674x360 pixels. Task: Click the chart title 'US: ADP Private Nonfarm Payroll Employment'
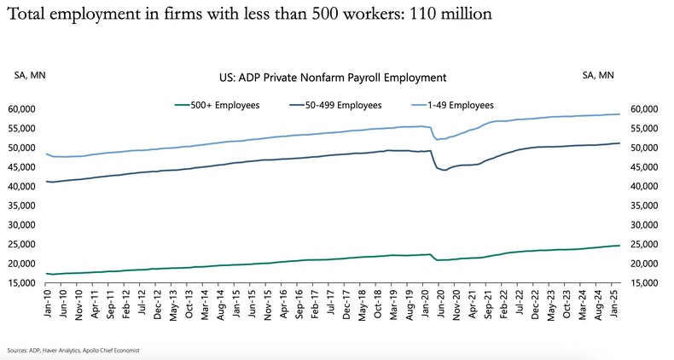333,77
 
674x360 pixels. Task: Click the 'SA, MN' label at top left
31,76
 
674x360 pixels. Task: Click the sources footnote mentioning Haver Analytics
73,351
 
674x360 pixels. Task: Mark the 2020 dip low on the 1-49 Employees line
438,139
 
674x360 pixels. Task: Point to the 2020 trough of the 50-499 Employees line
444,171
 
